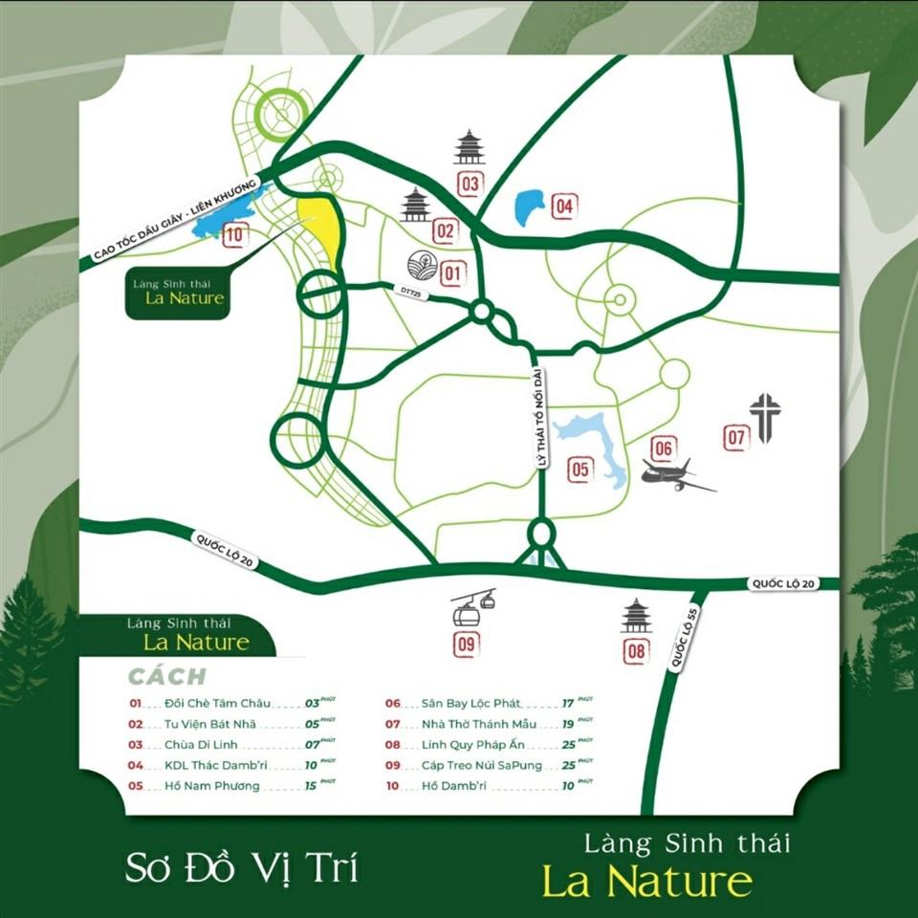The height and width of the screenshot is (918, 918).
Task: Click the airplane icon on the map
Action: (675, 475)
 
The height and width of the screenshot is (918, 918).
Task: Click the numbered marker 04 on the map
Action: (564, 205)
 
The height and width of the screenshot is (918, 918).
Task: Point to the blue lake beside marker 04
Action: (529, 207)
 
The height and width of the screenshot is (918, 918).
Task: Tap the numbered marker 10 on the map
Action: (235, 232)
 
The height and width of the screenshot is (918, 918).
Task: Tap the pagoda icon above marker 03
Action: (470, 148)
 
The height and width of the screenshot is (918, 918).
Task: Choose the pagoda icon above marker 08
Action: (636, 617)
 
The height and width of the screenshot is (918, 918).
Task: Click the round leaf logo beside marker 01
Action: (420, 266)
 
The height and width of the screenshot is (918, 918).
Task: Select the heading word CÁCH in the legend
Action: (167, 677)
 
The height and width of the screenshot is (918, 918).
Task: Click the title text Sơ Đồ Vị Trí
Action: (242, 868)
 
